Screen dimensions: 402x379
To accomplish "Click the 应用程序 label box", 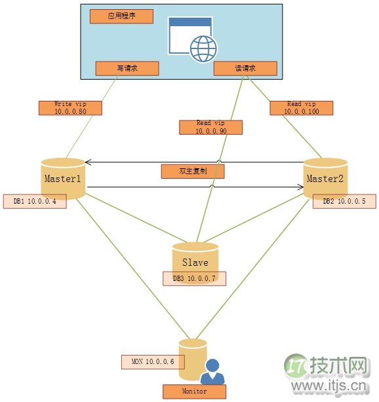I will pyautogui.click(x=121, y=16).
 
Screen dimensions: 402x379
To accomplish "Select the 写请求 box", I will pyautogui.click(x=127, y=68).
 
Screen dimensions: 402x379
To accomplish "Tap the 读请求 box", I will pyautogui.click(x=245, y=68).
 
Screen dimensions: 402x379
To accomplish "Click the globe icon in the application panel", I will pyautogui.click(x=203, y=48).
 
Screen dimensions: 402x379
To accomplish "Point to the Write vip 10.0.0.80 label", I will pyautogui.click(x=71, y=107).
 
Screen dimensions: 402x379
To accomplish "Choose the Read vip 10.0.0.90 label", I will pyautogui.click(x=210, y=127).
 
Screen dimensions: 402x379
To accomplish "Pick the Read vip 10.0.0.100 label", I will pyautogui.click(x=302, y=107).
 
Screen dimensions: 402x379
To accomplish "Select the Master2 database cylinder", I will pyautogui.click(x=325, y=177).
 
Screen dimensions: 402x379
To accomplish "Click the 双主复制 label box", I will pyautogui.click(x=193, y=172).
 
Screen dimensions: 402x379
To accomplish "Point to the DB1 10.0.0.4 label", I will pyautogui.click(x=35, y=201).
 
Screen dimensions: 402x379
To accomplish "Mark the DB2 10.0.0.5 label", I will pyautogui.click(x=344, y=201).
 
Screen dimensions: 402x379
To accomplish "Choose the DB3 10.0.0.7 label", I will pyautogui.click(x=194, y=278).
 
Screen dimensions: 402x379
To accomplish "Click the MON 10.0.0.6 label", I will pyautogui.click(x=153, y=361).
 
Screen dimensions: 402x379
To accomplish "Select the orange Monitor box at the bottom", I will pyautogui.click(x=193, y=392).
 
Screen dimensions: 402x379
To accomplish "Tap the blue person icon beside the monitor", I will pyautogui.click(x=212, y=373).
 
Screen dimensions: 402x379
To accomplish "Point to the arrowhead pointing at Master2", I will pyautogui.click(x=300, y=188).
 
